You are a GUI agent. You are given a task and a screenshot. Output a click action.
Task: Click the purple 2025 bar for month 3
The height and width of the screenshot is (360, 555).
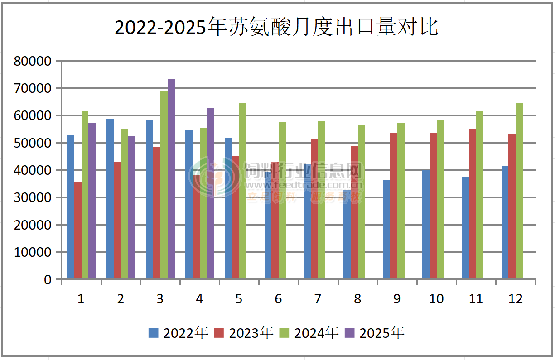(171, 179)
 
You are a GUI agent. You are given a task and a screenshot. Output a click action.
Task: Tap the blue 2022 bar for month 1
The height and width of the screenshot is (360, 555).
(71, 207)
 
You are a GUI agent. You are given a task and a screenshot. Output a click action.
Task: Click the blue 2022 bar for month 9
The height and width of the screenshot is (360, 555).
(386, 229)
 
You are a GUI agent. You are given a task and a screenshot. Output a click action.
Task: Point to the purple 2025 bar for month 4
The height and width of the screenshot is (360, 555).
(211, 193)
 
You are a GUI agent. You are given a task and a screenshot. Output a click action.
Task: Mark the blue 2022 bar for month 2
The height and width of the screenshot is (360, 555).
(110, 199)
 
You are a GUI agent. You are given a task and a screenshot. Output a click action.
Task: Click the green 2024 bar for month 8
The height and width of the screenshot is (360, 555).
(362, 202)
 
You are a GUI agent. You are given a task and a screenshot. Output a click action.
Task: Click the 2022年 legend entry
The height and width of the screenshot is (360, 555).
(178, 333)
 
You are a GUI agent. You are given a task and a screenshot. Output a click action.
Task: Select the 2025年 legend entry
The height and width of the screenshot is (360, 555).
(374, 333)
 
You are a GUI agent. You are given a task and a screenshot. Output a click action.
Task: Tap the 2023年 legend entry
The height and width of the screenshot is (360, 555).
(244, 333)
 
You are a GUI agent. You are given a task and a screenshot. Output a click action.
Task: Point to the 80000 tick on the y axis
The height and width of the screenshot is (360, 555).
(33, 61)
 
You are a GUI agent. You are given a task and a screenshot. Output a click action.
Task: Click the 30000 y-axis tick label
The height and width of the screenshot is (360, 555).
(33, 198)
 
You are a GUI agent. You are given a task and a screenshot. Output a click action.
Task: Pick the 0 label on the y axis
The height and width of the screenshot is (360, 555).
(48, 280)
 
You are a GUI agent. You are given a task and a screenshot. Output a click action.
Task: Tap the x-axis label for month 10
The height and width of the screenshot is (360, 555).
(436, 299)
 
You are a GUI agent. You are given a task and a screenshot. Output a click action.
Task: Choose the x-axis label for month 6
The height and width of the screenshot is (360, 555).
(278, 299)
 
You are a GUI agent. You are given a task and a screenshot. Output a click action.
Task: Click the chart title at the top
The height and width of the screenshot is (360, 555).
(277, 27)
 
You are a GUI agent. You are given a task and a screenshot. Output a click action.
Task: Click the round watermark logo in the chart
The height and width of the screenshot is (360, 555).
(214, 177)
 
